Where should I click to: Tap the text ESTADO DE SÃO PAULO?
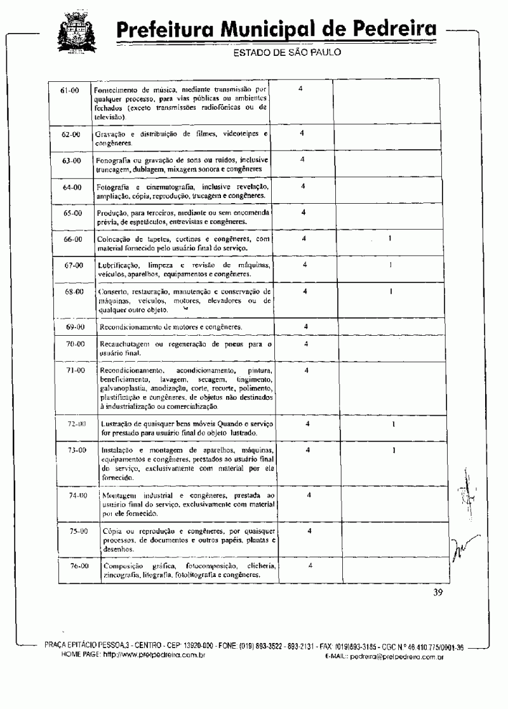pyautogui.click(x=288, y=52)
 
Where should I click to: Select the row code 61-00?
pyautogui.click(x=69, y=91)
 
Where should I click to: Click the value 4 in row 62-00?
pyautogui.click(x=302, y=133)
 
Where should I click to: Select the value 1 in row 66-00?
pyautogui.click(x=390, y=239)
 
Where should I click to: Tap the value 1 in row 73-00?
pyautogui.click(x=394, y=450)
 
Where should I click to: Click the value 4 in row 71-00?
pyautogui.click(x=306, y=370)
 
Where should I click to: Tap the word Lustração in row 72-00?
pyautogui.click(x=116, y=423)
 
